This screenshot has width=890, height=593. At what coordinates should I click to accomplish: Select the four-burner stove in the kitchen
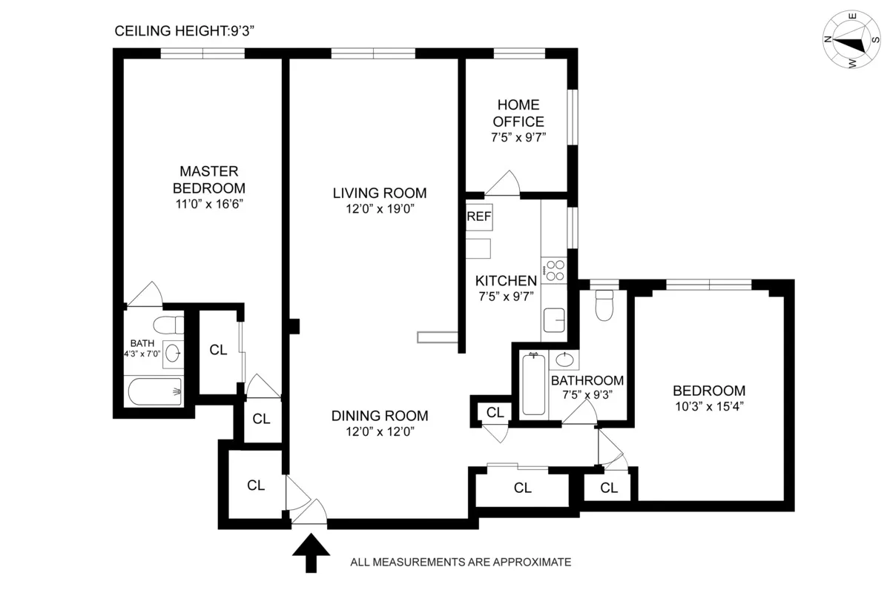click(553, 270)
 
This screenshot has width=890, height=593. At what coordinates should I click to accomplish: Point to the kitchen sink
click(553, 321)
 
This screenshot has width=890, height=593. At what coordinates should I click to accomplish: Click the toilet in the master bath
click(168, 325)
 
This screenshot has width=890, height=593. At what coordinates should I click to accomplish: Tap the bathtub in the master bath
click(154, 391)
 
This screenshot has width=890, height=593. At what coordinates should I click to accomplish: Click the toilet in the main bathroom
click(604, 305)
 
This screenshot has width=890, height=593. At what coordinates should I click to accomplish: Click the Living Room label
click(379, 193)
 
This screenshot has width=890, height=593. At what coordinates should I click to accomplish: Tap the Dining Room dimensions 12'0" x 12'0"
click(379, 431)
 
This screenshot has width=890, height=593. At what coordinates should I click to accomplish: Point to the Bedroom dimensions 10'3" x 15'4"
click(708, 406)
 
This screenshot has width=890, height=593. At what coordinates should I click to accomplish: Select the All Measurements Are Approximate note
click(460, 562)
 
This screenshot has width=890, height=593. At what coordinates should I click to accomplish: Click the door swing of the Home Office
click(506, 183)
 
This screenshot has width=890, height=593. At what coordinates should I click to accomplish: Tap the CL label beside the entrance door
click(256, 486)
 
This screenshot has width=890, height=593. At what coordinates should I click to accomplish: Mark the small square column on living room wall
click(294, 325)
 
